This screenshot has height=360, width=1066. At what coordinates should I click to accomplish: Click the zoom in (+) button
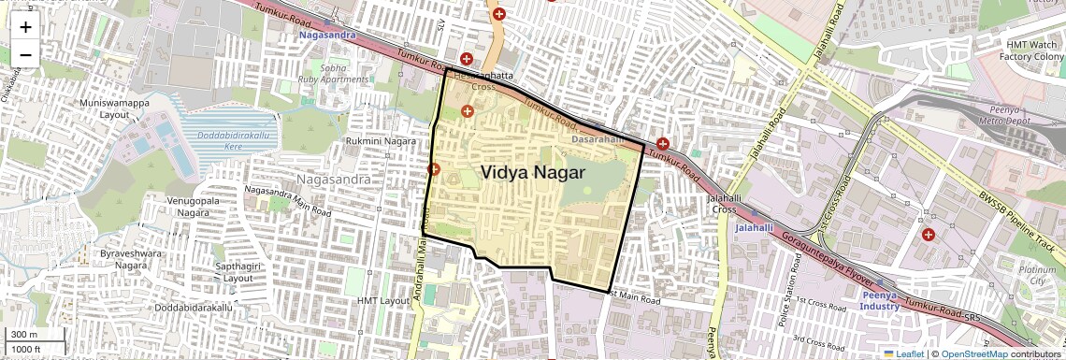25,27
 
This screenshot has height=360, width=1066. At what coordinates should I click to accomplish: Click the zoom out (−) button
25,54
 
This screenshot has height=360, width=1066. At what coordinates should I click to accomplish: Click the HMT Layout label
383,300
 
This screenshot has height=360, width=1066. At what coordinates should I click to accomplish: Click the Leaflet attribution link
903,353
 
